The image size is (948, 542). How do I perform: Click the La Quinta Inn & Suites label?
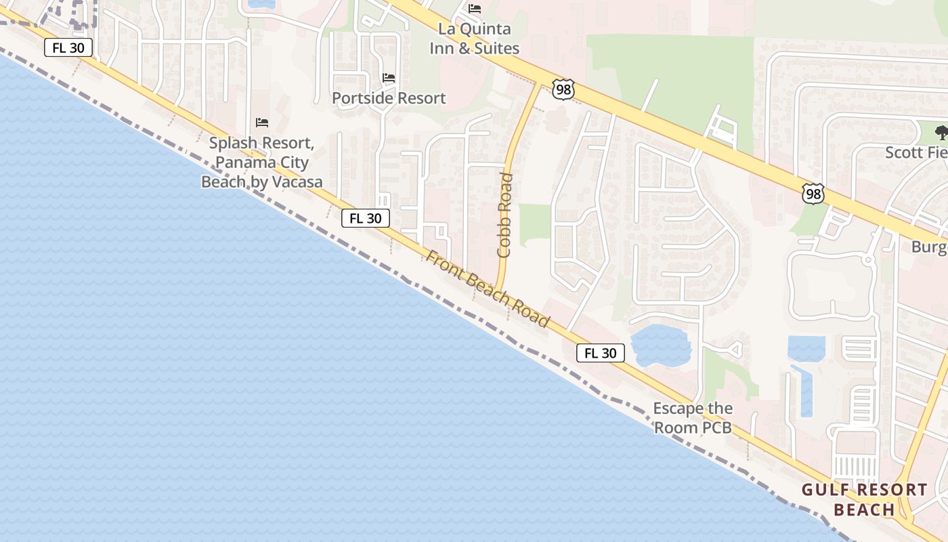pyautogui.click(x=474, y=39)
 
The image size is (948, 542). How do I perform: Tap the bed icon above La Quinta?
pyautogui.click(x=475, y=9)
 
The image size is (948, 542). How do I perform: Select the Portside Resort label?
pyautogui.click(x=389, y=98)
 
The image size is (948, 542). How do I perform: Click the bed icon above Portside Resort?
pyautogui.click(x=389, y=78)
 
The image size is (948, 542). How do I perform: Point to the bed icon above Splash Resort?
pyautogui.click(x=262, y=123)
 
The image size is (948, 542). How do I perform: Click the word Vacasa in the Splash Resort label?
pyautogui.click(x=294, y=182)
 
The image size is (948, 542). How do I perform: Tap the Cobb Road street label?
pyautogui.click(x=505, y=215)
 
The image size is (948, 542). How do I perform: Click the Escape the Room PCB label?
pyautogui.click(x=693, y=418)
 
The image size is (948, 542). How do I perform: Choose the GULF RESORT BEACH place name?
pyautogui.click(x=864, y=499)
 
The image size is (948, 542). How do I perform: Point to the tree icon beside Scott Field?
pyautogui.click(x=941, y=132)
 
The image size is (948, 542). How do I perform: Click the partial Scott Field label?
pyautogui.click(x=915, y=152)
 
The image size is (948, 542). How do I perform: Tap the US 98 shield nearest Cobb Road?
pyautogui.click(x=563, y=89)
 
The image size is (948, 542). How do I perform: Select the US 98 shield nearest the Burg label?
pyautogui.click(x=813, y=194)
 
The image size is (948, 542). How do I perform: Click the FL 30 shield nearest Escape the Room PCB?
pyautogui.click(x=601, y=353)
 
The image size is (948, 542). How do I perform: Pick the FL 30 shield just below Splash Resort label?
pyautogui.click(x=365, y=218)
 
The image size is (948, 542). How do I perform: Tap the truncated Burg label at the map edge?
pyautogui.click(x=929, y=247)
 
